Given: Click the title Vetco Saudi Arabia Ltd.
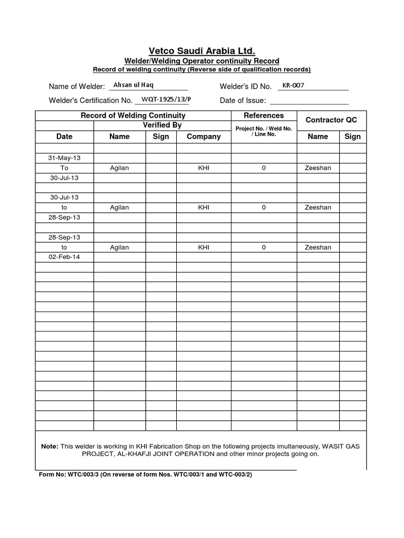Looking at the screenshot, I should coord(202,51).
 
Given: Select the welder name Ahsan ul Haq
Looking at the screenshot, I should coord(130,85).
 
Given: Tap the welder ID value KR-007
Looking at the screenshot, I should coord(293,85).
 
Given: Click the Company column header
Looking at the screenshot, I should coord(204,137).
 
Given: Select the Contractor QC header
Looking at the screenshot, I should coord(331,120).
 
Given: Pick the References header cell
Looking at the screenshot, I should coord(264,116).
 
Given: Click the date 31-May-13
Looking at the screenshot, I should coord(64,158).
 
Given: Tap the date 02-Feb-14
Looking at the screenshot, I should coord(64,257).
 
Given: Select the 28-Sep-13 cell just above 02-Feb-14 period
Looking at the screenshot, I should coord(64,237).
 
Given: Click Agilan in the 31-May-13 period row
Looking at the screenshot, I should coord(119,168).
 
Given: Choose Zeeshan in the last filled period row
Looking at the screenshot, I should coord(318,247).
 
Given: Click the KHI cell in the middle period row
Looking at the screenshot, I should coord(204,208).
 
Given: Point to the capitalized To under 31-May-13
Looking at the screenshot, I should coord(64,168).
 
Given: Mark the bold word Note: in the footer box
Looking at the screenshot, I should coord(50,446).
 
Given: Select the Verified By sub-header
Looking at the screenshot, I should coord(162,126).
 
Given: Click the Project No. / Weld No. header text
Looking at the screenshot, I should coord(264,128).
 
